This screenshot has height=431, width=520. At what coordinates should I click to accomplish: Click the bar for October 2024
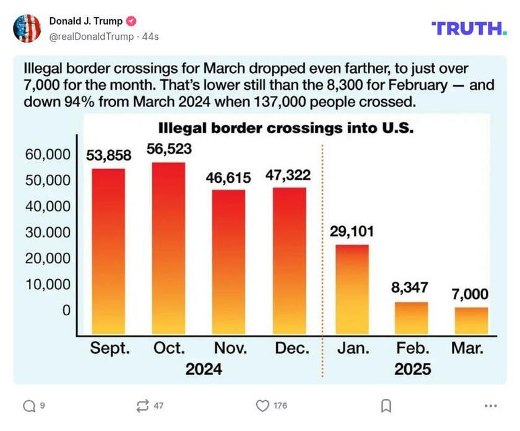pos(169,248)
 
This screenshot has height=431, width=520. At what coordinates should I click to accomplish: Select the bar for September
pos(109,251)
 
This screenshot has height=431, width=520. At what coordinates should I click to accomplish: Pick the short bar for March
pos(471,320)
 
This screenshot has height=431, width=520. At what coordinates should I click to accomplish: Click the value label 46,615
pos(228,178)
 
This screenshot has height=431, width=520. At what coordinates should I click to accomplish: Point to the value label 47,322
pos(288,175)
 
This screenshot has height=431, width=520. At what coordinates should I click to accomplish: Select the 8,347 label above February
pos(410,287)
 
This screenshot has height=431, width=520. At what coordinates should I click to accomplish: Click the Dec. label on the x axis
pos(292,348)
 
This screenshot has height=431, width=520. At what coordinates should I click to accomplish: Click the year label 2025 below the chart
pos(412,370)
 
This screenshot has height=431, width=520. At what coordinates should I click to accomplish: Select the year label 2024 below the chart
pos(204,370)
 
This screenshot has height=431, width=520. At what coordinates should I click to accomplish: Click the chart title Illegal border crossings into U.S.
pos(285,129)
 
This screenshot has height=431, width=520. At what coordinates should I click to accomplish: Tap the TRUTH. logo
pos(469,28)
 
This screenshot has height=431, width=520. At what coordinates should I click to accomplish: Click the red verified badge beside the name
pos(131,21)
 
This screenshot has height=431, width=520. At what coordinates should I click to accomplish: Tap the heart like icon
pos(262,406)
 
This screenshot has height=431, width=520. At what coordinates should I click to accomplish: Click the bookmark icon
pos(386,406)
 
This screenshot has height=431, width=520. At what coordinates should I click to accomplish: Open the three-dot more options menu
pos(491,406)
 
